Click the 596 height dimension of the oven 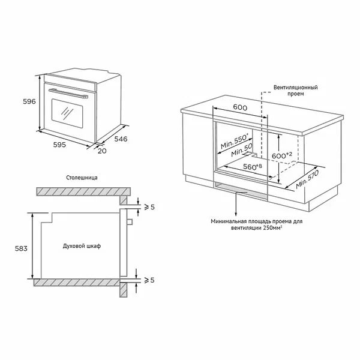pyautogui.click(x=29, y=101)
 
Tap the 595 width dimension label pyautogui.click(x=59, y=145)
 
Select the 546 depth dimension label pyautogui.click(x=121, y=139)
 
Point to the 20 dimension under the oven pyautogui.click(x=102, y=151)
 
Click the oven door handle pyautogui.click(x=68, y=93)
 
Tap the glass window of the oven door pyautogui.click(x=67, y=113)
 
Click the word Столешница pyautogui.click(x=82, y=178)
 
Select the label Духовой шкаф pyautogui.click(x=82, y=246)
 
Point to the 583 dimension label pyautogui.click(x=21, y=248)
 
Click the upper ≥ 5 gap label pyautogui.click(x=149, y=207)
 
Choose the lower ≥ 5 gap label pyautogui.click(x=149, y=280)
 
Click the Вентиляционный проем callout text pyautogui.click(x=295, y=91)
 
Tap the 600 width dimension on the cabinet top pyautogui.click(x=240, y=107)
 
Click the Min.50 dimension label pyautogui.click(x=242, y=150)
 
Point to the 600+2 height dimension pyautogui.click(x=282, y=155)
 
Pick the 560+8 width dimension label pyautogui.click(x=253, y=167)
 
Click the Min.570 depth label pyautogui.click(x=307, y=179)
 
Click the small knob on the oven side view pyautogui.click(x=130, y=221)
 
